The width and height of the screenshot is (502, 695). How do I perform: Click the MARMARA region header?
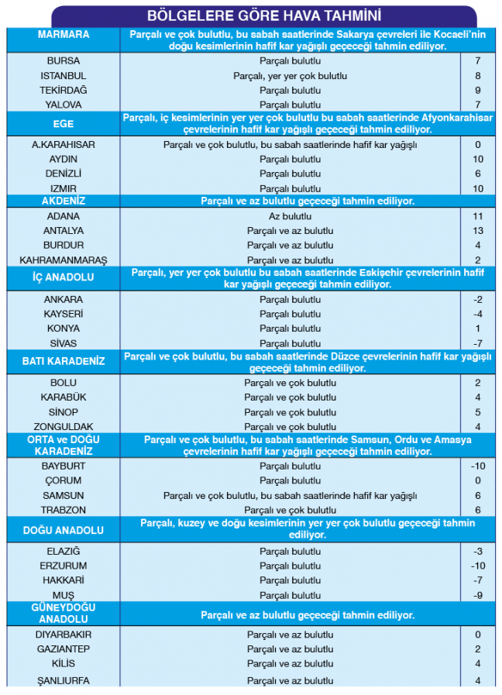coord(64,35)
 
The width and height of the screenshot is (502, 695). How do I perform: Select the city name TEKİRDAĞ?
coord(64,90)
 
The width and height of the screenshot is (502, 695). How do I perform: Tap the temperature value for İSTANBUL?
coord(478,76)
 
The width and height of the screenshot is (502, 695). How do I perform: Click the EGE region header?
coord(64,124)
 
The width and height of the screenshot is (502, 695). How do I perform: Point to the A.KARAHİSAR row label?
coord(64,144)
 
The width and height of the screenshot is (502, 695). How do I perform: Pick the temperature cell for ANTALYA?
coord(478,231)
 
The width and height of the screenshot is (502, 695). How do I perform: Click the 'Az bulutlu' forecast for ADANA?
coord(290,216)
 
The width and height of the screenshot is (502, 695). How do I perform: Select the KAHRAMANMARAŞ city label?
coord(64,260)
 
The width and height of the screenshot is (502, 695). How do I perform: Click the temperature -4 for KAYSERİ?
coord(478,314)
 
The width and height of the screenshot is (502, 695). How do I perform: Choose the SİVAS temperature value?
coord(478,343)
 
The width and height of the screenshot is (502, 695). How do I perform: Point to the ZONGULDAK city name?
coord(64,427)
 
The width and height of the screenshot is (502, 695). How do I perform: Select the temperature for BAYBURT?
coord(478,466)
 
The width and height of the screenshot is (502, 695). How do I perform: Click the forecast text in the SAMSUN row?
coord(290,496)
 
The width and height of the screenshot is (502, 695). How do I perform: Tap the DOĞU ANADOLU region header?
coord(64,530)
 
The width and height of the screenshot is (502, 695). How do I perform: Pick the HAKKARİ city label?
coord(64,580)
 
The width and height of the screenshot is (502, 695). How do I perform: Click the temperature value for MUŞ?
coord(478,595)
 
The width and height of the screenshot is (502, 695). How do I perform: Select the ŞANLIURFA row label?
coord(64,681)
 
